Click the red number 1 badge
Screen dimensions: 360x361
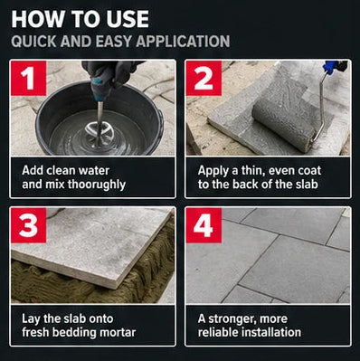pos(29,78)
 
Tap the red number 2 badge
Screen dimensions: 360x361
pos(204,78)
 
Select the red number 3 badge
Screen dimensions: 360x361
pos(29,225)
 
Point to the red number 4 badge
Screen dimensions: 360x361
pos(204,225)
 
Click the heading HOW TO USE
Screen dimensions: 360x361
pos(81,20)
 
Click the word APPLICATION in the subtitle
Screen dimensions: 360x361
pos(183,42)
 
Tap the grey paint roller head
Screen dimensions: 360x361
pos(283,123)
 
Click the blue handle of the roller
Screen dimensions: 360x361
pos(330,67)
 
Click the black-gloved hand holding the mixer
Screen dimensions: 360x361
pos(108,73)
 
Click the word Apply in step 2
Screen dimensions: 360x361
pos(213,171)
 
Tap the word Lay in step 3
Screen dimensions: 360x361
pos(31,318)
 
